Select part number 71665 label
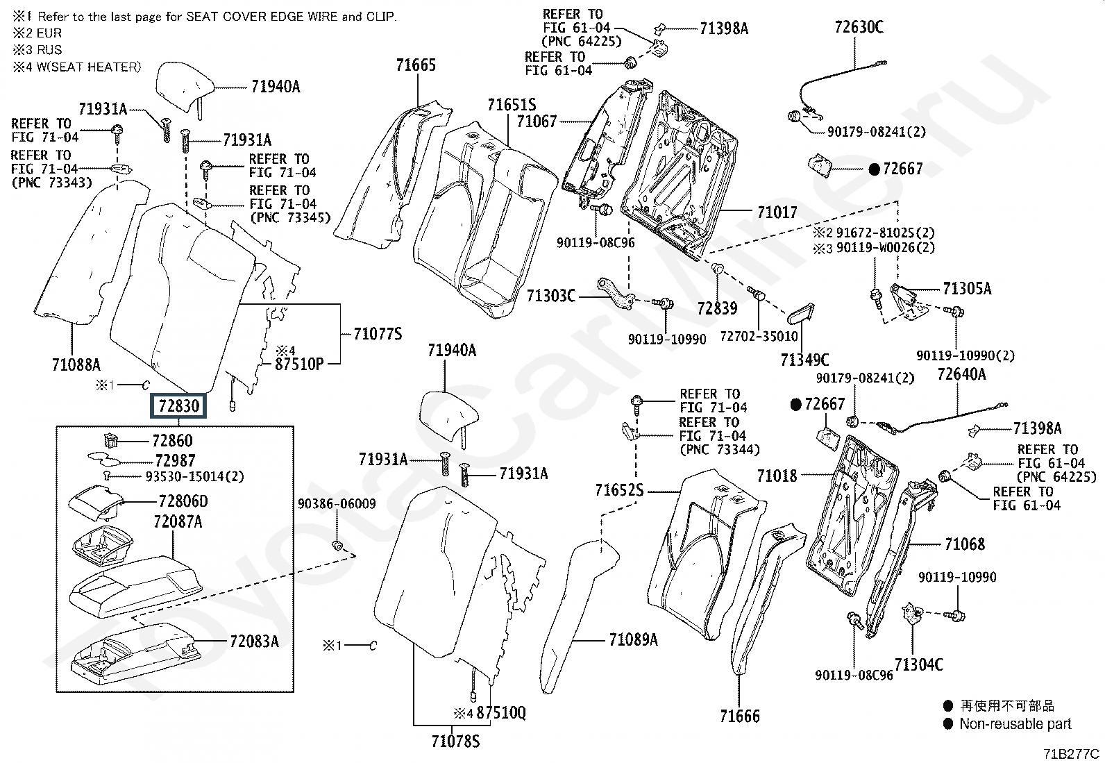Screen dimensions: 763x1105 pyautogui.click(x=416, y=65)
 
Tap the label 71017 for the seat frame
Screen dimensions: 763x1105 pyautogui.click(x=777, y=212)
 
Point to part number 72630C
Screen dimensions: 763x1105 pyautogui.click(x=859, y=27)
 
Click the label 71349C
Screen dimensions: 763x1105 pyautogui.click(x=804, y=360)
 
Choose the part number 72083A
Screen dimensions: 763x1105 pyautogui.click(x=254, y=642)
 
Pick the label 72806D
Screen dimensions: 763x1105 pyautogui.click(x=183, y=501)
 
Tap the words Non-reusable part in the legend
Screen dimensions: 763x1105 pyautogui.click(x=1015, y=724)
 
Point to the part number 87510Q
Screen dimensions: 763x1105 pyautogui.click(x=501, y=713)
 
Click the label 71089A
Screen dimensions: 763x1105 pyautogui.click(x=632, y=639)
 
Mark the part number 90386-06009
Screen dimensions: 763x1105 pyautogui.click(x=337, y=504)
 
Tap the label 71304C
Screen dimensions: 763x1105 pyautogui.click(x=918, y=664)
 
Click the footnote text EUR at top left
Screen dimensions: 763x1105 pyautogui.click(x=49, y=33)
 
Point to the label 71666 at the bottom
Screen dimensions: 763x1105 pyautogui.click(x=740, y=716)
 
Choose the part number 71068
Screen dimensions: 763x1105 pyautogui.click(x=965, y=544)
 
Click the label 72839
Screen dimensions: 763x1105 pyautogui.click(x=717, y=308)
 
